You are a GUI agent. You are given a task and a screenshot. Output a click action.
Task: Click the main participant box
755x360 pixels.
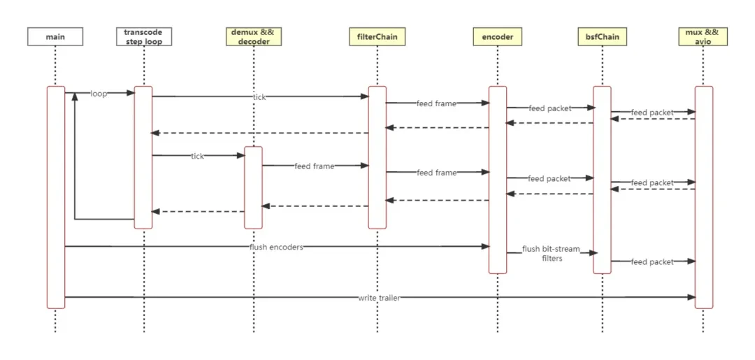coord(55,36)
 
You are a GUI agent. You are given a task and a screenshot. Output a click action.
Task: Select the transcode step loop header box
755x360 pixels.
coord(144,36)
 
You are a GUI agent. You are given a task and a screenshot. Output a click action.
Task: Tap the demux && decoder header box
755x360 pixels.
coord(254,36)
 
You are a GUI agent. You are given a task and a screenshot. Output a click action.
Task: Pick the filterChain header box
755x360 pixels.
coord(377,36)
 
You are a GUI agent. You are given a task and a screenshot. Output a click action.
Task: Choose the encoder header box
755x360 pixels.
coord(498,36)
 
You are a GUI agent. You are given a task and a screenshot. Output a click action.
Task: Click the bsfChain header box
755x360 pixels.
coord(602,36)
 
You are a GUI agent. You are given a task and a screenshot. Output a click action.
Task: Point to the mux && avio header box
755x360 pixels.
coord(703,36)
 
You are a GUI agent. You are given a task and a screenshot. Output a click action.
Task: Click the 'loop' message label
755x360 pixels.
coord(99,94)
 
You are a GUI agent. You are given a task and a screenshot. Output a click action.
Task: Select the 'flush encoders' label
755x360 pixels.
coord(276,247)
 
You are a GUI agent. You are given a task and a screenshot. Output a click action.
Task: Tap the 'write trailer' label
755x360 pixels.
coord(380,298)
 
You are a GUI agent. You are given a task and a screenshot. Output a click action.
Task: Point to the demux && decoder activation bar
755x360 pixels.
coord(253,188)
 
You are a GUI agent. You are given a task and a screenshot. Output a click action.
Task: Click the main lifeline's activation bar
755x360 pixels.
coord(56,197)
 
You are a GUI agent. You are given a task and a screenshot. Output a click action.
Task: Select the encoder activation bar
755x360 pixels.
coord(498,180)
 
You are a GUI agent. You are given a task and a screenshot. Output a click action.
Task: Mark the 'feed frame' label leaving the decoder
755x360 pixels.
coord(315,166)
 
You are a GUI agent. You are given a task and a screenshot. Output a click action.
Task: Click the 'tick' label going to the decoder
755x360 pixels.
coord(197,157)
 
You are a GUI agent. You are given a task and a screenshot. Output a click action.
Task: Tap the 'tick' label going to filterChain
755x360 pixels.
coord(259,97)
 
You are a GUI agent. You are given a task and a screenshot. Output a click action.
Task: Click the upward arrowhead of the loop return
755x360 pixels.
coord(75,96)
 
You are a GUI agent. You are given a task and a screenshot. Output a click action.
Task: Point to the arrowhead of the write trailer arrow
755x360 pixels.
coord(691,297)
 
